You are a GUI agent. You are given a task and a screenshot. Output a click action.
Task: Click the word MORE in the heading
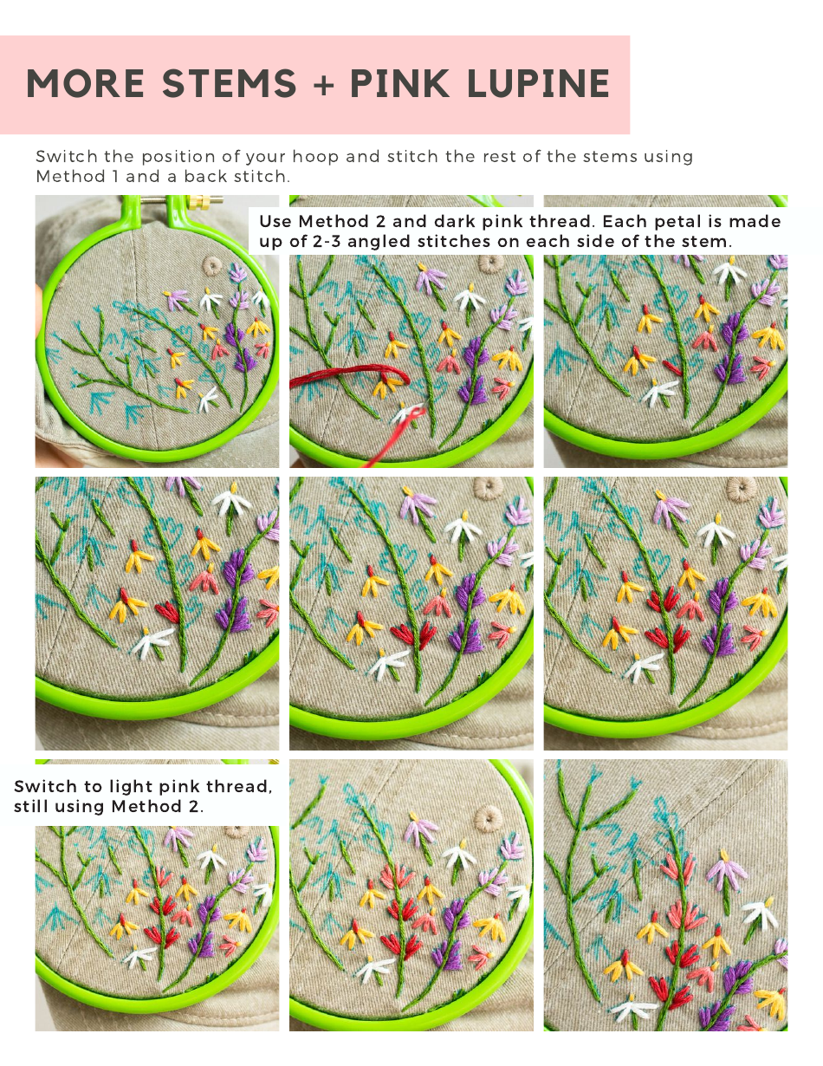tap(86, 84)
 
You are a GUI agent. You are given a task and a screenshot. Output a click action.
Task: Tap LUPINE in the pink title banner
tap(537, 84)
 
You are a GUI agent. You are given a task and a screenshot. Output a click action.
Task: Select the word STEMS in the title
tap(230, 84)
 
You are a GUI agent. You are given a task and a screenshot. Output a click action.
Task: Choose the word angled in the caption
tap(405, 242)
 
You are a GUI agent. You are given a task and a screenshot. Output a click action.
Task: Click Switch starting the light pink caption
tap(42, 787)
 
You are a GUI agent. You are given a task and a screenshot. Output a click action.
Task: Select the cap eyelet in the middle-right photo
tap(742, 489)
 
